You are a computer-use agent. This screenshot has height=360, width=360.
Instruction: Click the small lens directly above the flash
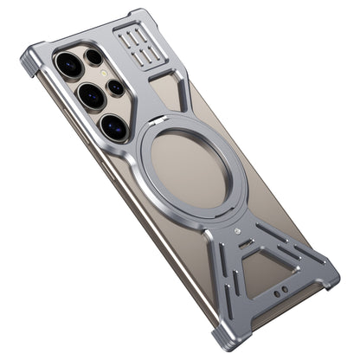[x=93, y=57]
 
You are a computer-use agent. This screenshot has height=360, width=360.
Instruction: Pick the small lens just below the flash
[x=116, y=87]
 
